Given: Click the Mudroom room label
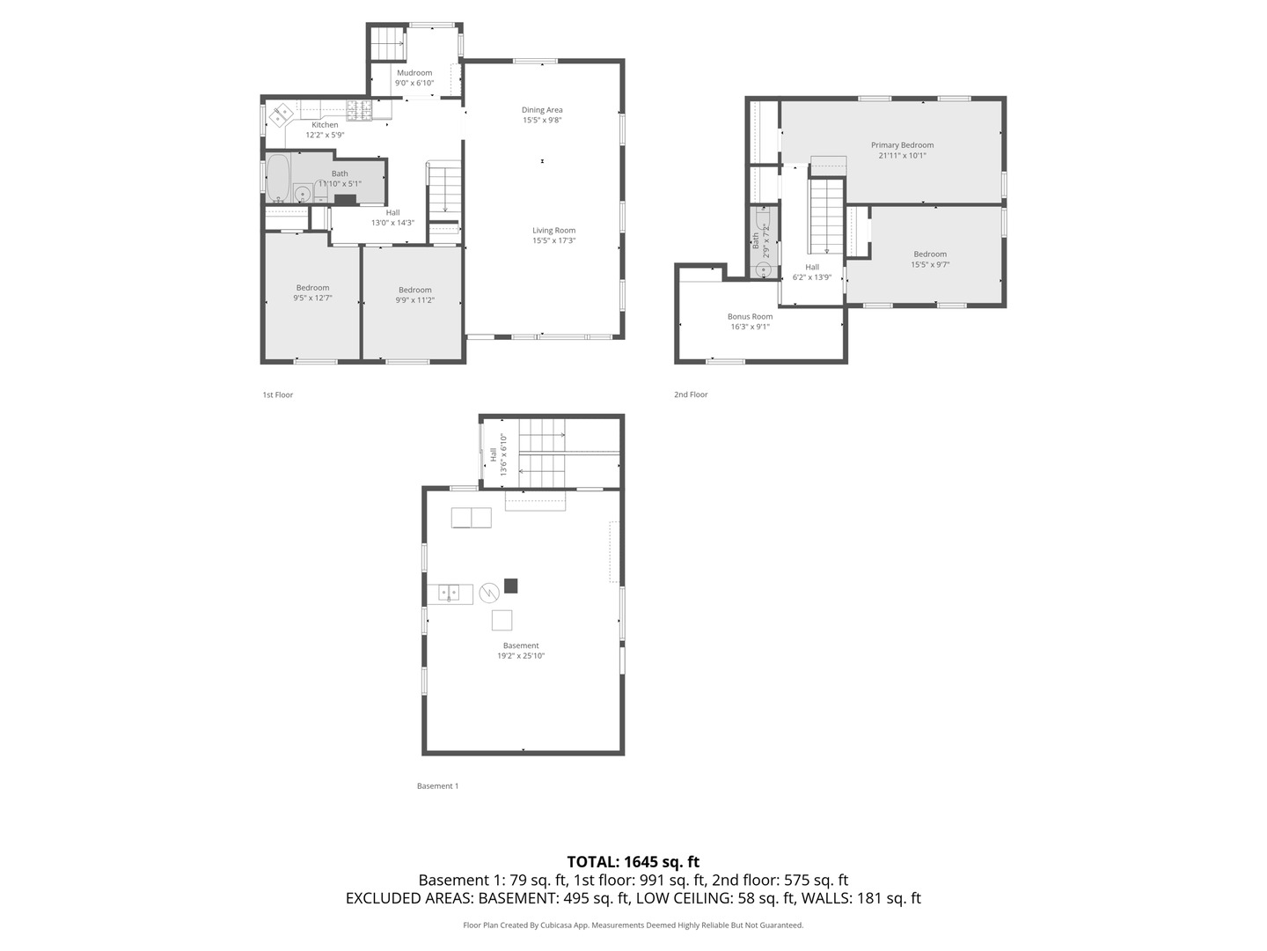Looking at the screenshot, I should [x=414, y=73].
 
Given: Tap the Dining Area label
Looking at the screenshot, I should [x=542, y=110].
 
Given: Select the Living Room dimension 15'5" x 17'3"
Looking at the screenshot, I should [x=553, y=241].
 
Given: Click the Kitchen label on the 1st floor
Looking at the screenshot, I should [x=325, y=125].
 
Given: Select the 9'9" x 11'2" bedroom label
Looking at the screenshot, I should [x=414, y=300].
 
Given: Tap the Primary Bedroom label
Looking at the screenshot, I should [x=902, y=145].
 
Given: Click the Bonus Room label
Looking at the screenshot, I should [x=750, y=317].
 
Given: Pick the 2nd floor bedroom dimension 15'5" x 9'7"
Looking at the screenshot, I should [x=930, y=264].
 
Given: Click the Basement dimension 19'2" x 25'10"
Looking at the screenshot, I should [x=521, y=656].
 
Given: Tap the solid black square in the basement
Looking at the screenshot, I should [x=510, y=586].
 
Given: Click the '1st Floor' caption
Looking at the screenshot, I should [x=277, y=394].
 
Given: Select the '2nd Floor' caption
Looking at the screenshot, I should [x=691, y=394].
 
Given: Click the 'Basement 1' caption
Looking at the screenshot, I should [x=437, y=785].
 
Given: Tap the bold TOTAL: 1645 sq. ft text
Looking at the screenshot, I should [x=633, y=862].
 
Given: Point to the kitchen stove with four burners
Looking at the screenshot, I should [x=359, y=110].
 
